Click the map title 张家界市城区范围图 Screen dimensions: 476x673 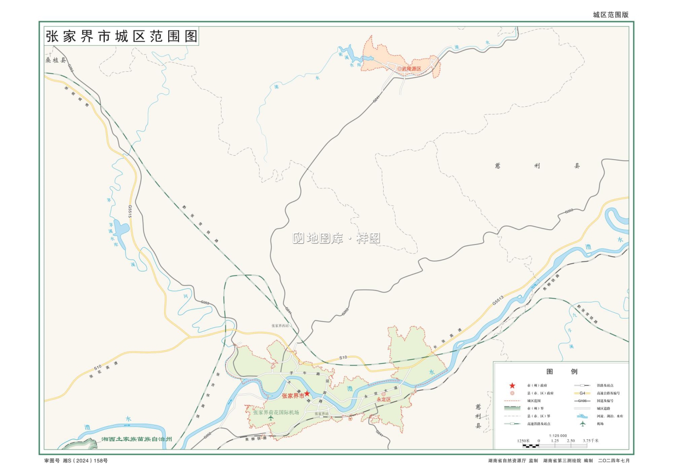121,36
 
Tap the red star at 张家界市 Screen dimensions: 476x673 307,393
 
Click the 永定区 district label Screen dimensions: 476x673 384,399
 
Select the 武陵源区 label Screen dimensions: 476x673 411,69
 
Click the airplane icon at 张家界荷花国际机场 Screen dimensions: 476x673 271,418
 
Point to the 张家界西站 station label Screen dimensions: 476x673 280,326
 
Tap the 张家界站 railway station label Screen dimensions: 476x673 321,414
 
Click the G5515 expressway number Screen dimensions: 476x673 130,211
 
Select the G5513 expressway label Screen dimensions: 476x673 498,300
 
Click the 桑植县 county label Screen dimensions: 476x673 55,60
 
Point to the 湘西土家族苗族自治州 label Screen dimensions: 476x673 136,439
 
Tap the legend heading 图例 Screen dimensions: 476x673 561,371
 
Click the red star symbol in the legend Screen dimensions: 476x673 512,385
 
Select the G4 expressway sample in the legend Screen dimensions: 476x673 582,393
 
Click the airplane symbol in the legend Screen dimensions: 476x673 582,424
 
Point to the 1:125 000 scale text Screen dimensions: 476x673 558,436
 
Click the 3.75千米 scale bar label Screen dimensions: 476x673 590,441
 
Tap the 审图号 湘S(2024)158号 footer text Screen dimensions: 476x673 76,461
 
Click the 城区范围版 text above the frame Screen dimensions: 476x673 611,15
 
